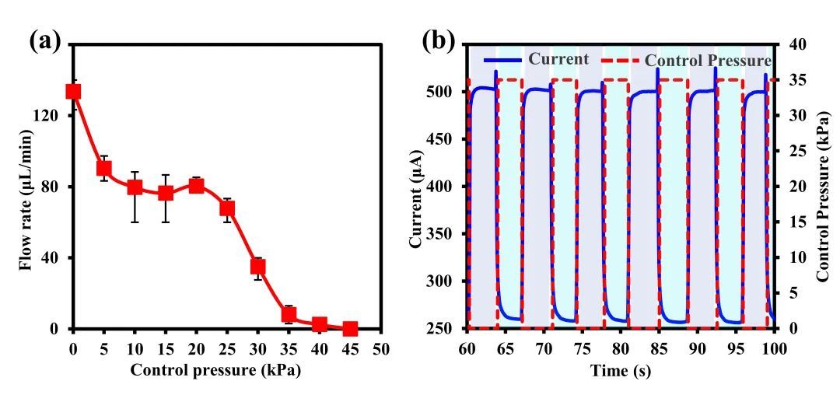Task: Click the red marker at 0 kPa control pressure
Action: tap(73, 92)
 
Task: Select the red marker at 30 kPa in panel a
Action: tap(258, 267)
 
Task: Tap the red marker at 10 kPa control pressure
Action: tap(135, 187)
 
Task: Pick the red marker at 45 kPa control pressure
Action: tap(350, 329)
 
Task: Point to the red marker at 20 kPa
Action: tap(197, 186)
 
